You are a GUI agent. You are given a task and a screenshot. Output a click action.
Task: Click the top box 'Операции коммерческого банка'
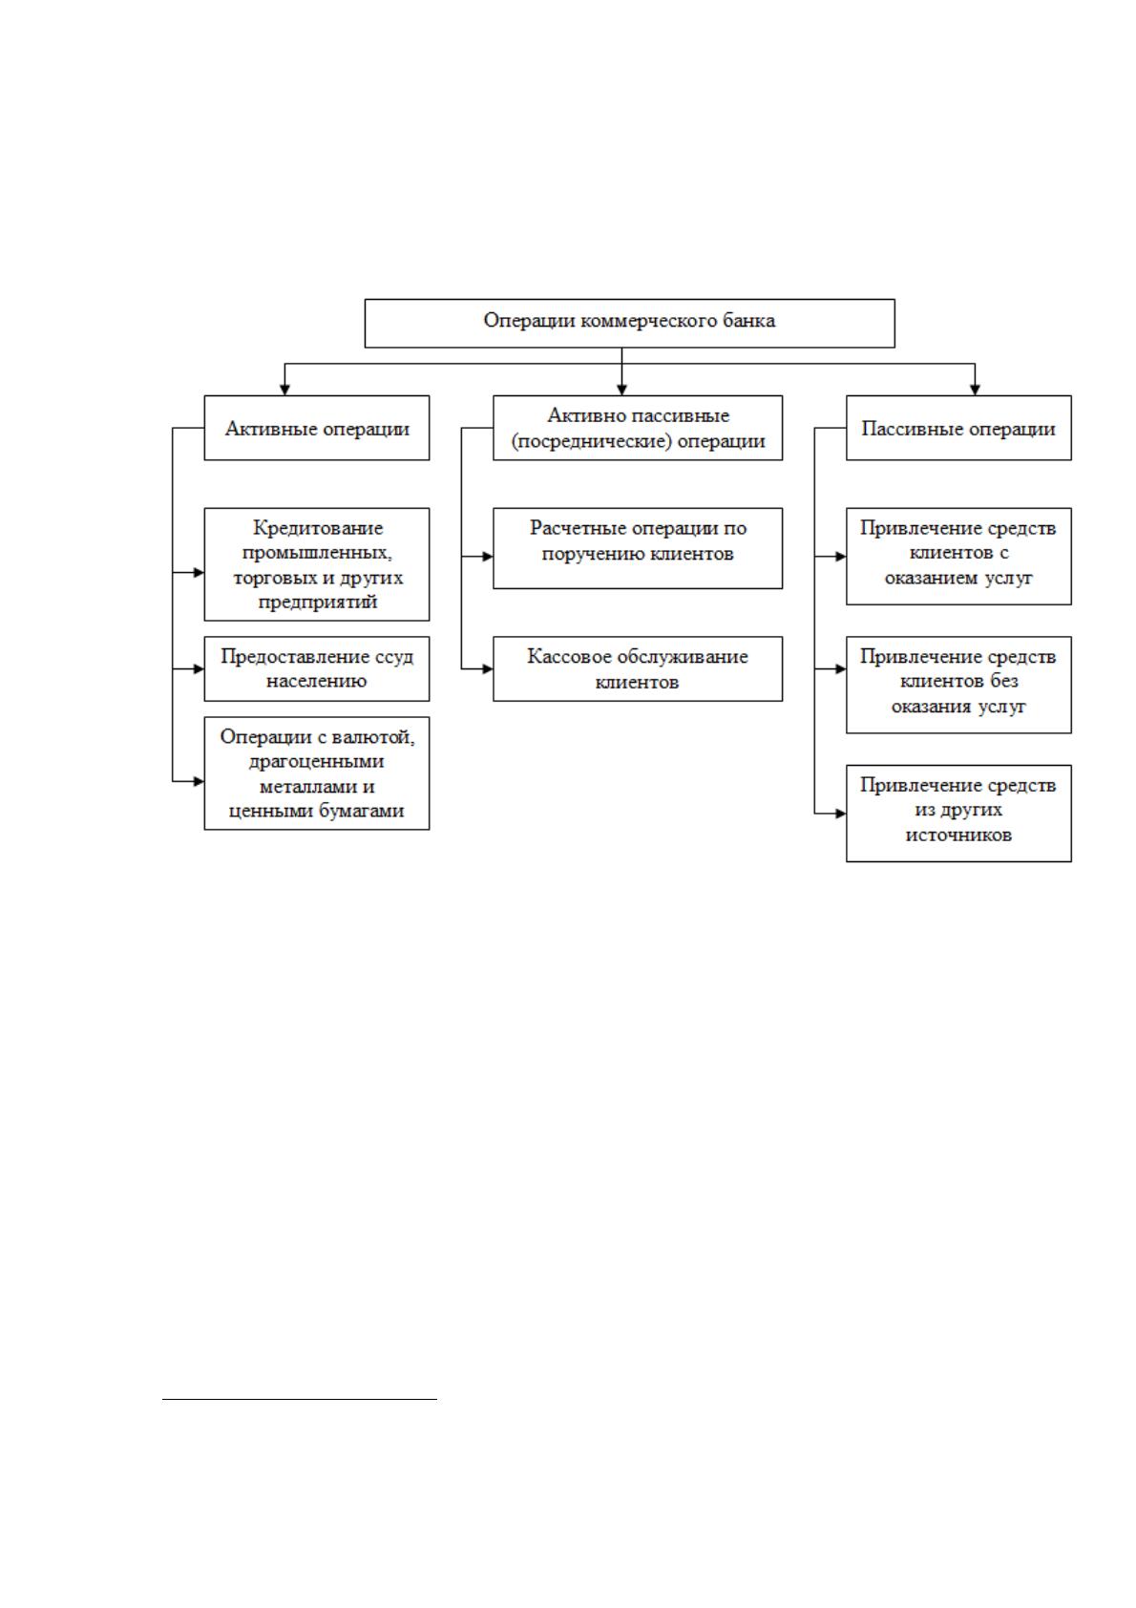(629, 323)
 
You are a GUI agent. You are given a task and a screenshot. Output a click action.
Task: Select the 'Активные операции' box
(317, 428)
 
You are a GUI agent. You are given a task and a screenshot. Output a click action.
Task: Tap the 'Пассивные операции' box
(958, 428)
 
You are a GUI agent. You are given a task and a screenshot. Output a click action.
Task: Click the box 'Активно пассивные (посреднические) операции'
(638, 428)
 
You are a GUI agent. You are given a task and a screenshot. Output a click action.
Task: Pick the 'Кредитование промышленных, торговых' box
(317, 564)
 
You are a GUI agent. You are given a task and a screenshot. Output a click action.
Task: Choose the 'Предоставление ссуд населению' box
(317, 668)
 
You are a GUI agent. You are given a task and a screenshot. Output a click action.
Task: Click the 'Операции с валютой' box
(317, 773)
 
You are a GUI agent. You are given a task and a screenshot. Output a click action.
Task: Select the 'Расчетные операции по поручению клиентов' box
(638, 548)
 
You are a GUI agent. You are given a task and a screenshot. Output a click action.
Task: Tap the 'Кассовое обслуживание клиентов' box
(638, 668)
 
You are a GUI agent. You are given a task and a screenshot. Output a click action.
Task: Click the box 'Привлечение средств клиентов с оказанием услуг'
(958, 557)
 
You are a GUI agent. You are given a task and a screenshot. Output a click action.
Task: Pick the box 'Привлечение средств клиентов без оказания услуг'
(958, 685)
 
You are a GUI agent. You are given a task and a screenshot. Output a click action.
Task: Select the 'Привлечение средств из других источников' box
(958, 814)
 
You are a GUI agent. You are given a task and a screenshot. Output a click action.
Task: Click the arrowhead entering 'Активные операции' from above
(284, 390)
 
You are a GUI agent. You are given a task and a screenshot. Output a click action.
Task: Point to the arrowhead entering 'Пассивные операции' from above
(975, 390)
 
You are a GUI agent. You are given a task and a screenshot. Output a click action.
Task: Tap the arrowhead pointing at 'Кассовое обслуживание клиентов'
(487, 669)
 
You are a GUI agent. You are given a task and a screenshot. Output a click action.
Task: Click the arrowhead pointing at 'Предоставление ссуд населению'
(199, 669)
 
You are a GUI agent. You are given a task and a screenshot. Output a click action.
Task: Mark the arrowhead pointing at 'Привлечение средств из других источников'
(840, 814)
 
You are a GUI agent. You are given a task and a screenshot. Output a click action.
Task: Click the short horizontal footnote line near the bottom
(299, 1399)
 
